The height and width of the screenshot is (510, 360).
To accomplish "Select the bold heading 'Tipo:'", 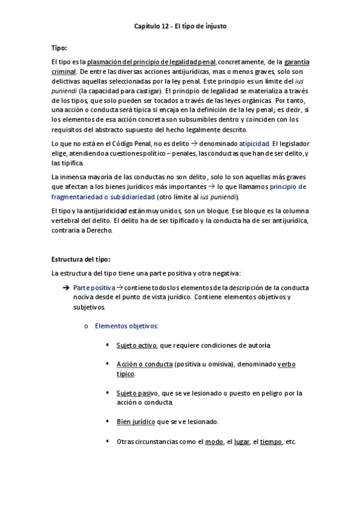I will coord(59,47).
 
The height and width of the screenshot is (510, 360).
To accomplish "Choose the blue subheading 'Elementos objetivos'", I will coord(127,325).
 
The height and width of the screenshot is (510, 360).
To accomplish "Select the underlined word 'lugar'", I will coord(242,441).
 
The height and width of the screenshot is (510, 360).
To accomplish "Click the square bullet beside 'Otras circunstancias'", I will coord(107,441).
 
